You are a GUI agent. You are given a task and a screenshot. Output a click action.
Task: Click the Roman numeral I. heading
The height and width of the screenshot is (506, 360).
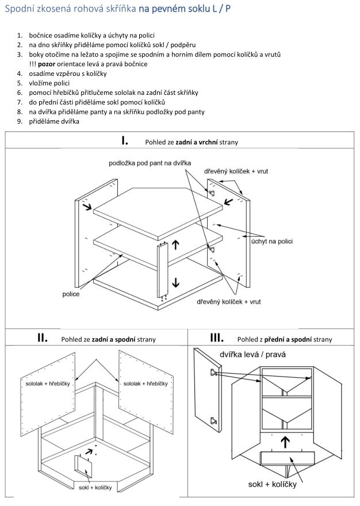click(124, 140)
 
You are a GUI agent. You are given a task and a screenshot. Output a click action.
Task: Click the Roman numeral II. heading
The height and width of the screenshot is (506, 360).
click(42, 338)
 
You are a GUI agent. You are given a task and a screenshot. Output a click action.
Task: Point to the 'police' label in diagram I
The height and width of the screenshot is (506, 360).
click(71, 294)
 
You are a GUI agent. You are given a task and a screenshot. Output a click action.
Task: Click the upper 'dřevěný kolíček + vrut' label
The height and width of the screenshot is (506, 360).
click(236, 171)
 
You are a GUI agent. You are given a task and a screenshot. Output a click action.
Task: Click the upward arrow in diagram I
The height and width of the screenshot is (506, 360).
click(175, 246)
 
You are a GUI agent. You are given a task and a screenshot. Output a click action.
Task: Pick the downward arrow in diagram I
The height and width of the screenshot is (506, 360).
click(175, 282)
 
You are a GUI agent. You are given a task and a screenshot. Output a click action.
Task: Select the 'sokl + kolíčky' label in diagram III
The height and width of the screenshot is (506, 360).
click(273, 485)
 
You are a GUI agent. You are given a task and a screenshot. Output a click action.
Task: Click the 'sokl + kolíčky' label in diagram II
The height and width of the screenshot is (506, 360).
click(97, 486)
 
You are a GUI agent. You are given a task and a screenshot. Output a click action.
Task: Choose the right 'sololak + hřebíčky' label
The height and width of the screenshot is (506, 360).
click(145, 382)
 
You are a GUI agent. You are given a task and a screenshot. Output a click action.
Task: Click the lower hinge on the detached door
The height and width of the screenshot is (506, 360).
click(214, 420)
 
